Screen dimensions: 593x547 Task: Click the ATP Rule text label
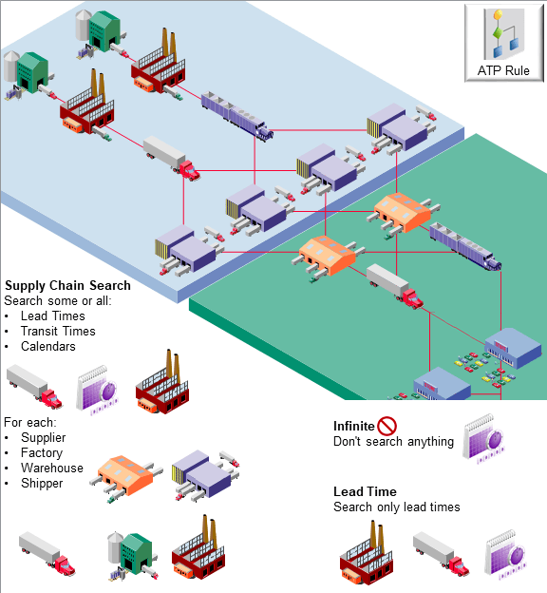point(503,71)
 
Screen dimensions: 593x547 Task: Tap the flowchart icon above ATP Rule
point(503,34)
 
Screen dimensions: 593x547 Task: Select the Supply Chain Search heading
point(67,285)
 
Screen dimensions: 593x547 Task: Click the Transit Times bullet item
point(58,331)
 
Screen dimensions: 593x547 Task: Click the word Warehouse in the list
point(52,468)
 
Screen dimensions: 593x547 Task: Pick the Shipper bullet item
point(42,483)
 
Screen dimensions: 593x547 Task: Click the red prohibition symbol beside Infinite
point(387,426)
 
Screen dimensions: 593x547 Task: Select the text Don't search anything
point(393,442)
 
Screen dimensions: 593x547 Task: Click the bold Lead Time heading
point(365,491)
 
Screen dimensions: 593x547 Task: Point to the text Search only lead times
point(396,507)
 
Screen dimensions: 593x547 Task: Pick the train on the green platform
point(462,245)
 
